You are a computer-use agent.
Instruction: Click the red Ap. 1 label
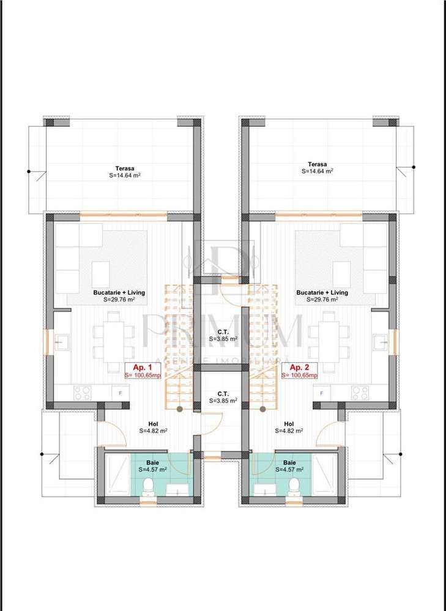point(138,367)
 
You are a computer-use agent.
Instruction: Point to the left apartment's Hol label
point(154,423)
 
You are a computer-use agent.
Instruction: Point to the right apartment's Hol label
point(289,423)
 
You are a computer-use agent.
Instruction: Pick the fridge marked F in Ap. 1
point(120,392)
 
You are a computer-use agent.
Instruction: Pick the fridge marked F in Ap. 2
point(321,392)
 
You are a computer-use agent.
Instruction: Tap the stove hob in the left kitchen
point(82,392)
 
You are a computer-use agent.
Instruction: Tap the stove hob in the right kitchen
point(360,392)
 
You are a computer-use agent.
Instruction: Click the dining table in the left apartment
point(114,336)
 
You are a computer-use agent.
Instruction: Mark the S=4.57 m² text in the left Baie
point(154,470)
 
